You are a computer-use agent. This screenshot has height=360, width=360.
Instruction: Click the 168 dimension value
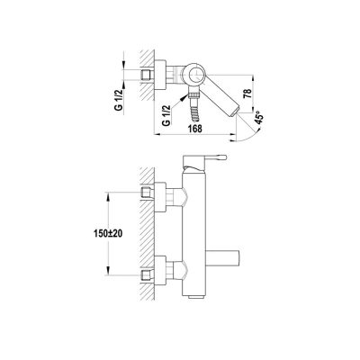[195, 128]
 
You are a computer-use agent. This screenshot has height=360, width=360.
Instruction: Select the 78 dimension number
[247, 94]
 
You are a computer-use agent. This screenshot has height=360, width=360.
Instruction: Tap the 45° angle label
[259, 117]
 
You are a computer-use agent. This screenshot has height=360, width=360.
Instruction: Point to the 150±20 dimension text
[107, 233]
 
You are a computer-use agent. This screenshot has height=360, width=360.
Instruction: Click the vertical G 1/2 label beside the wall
[119, 100]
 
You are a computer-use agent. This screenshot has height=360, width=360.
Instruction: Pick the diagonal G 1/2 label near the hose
[166, 115]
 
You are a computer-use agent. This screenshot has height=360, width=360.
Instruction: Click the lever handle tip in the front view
[224, 157]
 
